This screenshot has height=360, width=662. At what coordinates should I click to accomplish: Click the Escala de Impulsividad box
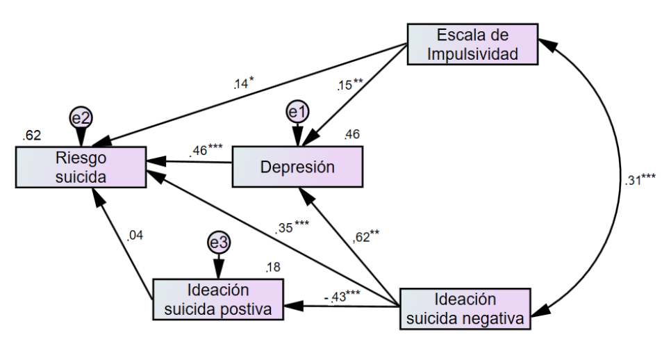point(472,44)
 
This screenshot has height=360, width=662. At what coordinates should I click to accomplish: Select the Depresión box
point(297,167)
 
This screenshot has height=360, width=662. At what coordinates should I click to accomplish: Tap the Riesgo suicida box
point(81,167)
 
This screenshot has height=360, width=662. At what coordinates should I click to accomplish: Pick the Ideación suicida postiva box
point(217,300)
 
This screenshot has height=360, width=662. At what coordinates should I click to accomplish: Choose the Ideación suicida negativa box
point(465,309)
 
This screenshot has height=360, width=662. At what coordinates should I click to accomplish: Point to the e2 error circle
point(81,117)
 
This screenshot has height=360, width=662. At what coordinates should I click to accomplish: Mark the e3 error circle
point(219,242)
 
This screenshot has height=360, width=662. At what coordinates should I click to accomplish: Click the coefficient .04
point(135,236)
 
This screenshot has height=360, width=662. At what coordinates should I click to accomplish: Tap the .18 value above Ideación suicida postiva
point(273,268)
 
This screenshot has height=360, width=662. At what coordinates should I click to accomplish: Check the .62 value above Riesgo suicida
point(31,134)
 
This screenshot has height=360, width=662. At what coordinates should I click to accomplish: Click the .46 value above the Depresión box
point(351,133)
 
